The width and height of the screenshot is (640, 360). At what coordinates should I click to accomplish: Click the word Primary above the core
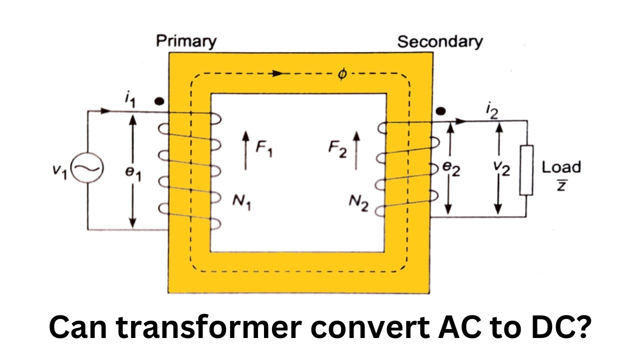tap(186, 41)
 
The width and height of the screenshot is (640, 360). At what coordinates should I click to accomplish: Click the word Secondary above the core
tap(440, 41)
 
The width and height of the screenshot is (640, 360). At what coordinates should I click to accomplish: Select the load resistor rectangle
tap(526, 170)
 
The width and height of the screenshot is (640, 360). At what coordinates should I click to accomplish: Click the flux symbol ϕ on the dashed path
tap(342, 74)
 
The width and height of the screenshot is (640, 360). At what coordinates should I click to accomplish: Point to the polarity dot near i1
tap(159, 101)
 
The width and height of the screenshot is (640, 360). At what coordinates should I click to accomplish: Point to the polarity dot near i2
tap(440, 111)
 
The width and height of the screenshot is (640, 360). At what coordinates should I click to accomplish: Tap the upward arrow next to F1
tap(245, 150)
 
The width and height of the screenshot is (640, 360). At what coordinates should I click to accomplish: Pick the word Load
tap(561, 167)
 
